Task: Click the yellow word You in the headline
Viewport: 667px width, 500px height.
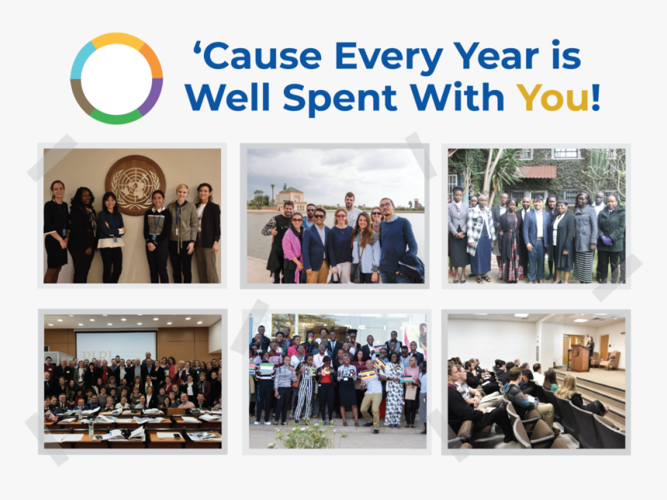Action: tap(552, 97)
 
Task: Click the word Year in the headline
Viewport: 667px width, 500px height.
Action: tap(496, 55)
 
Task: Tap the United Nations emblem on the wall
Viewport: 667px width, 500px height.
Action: tap(135, 185)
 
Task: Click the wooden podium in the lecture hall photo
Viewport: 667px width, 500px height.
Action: tap(579, 358)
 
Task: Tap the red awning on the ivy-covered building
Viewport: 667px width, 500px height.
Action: tap(537, 172)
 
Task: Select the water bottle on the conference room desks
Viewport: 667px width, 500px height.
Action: tap(91, 428)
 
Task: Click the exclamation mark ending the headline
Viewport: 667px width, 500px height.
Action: tap(595, 97)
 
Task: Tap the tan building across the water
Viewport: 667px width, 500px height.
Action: tap(290, 199)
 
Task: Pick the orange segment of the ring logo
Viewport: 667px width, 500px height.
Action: tap(151, 60)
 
